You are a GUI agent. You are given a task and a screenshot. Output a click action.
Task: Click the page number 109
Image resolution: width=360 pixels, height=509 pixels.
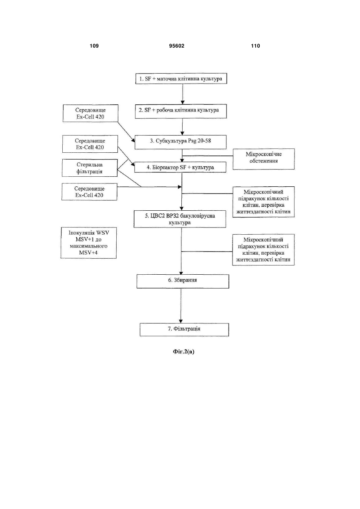pos(94,46)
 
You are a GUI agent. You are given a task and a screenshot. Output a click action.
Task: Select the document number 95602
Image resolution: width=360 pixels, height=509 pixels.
pos(177,46)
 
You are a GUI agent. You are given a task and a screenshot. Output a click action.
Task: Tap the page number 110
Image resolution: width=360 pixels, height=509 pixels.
pos(255,46)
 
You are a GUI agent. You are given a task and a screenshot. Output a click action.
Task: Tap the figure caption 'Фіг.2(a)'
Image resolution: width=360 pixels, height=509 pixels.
pos(183,351)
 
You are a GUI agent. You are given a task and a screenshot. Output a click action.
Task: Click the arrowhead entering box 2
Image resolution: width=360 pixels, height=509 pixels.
pos(182,102)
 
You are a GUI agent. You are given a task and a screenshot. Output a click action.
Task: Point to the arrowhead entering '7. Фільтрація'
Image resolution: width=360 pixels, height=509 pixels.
pos(181,321)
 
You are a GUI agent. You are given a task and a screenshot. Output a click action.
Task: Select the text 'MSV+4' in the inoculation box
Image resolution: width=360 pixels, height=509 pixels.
pos(88,252)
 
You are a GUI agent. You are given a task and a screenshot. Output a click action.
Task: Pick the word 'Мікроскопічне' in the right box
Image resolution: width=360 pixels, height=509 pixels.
pos(264,154)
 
